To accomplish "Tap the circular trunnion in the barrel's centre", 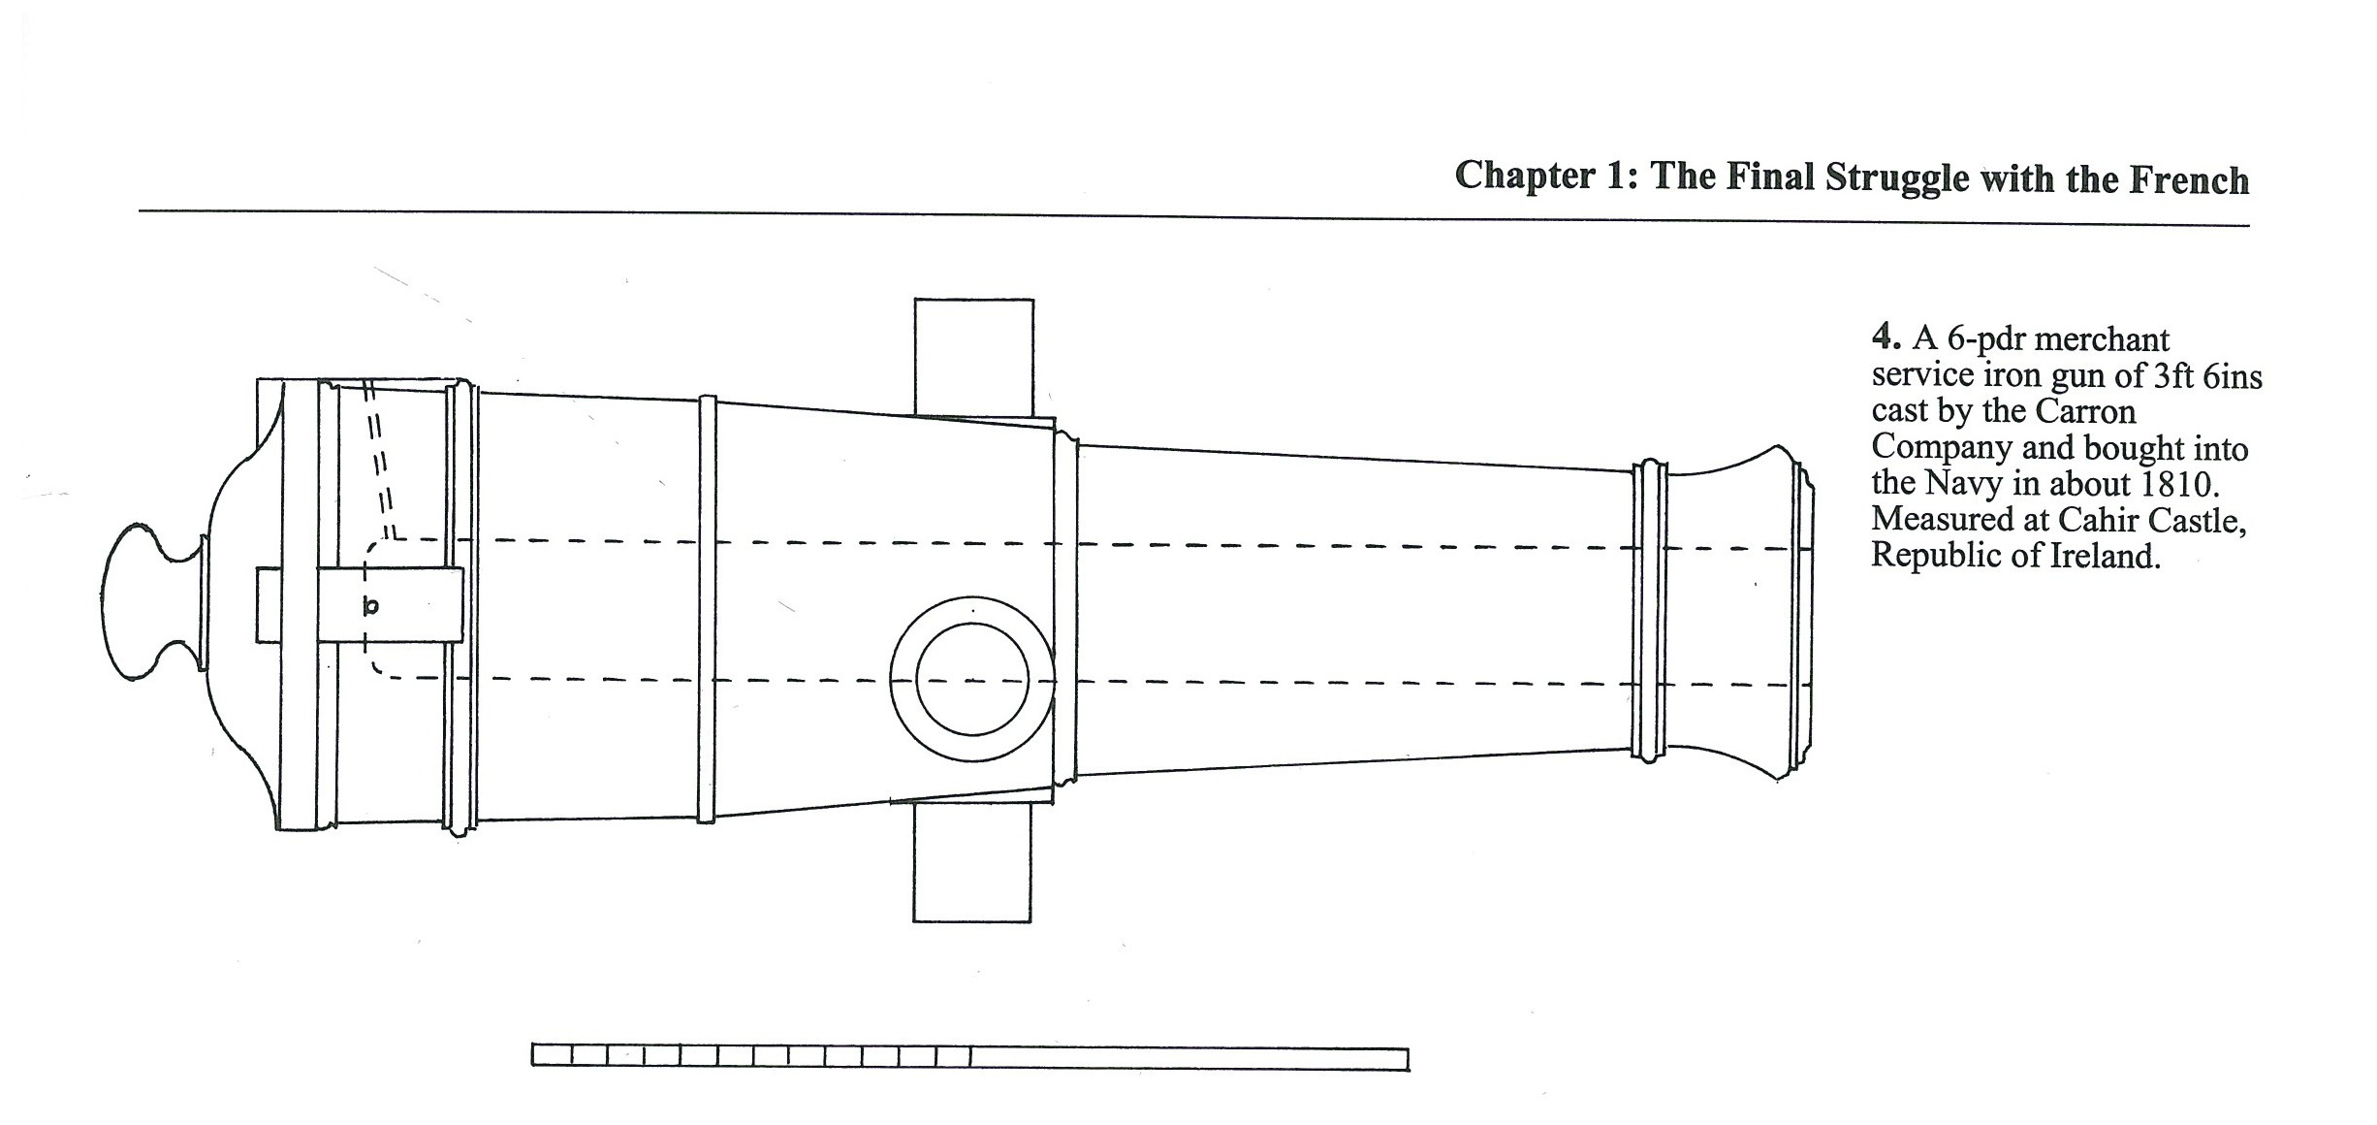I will pyautogui.click(x=971, y=679).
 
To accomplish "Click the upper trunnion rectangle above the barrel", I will pyautogui.click(x=973, y=355).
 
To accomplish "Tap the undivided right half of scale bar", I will pyautogui.click(x=1188, y=1058).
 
